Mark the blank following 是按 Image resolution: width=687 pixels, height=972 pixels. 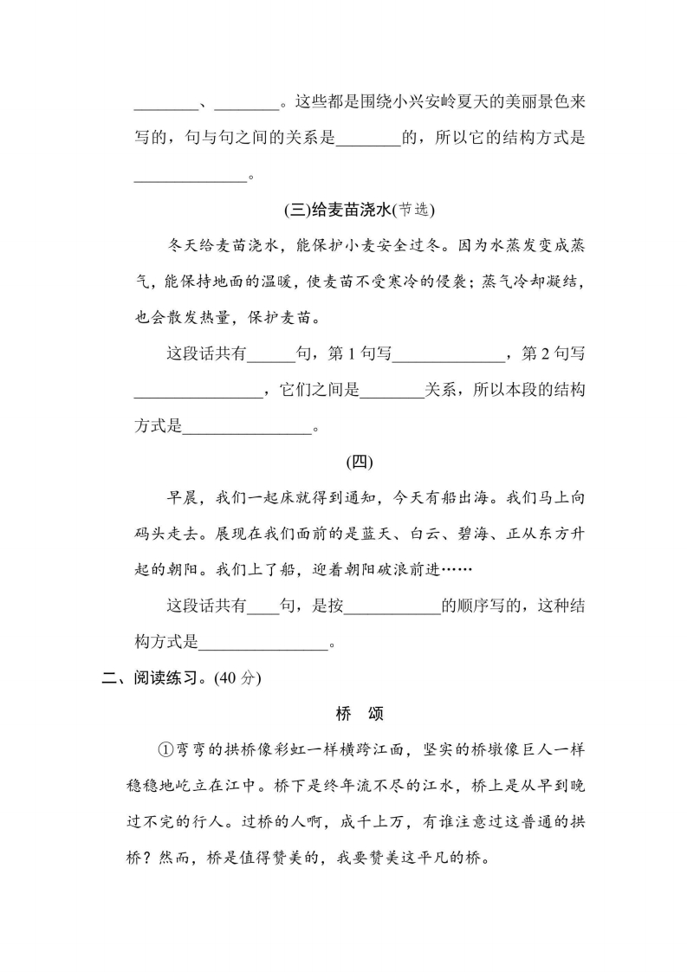(x=392, y=606)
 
